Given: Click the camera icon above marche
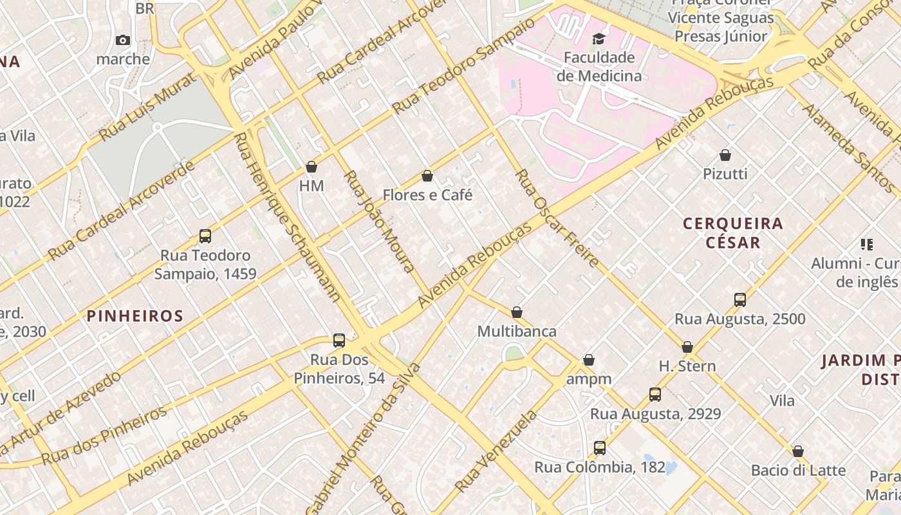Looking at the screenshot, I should pos(122,41).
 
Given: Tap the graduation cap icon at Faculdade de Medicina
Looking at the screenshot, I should pos(599,39).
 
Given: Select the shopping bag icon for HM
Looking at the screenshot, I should pos(311,167).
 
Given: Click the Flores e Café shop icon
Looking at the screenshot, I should pos(427,176).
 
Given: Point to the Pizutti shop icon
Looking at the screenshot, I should pos(725,155).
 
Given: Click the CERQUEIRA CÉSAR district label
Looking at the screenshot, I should pos(733,233).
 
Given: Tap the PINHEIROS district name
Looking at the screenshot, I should pos(135,316).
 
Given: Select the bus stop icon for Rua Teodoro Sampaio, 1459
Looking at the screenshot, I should pos(205,236).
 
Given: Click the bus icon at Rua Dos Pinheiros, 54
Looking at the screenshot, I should pos(339,341).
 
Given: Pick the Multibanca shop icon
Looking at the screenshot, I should pos(517,313).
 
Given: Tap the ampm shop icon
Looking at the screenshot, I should pos(589,360).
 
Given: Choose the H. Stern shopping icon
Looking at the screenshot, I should pos(687,348).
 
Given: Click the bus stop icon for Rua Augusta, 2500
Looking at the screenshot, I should pos(740,300).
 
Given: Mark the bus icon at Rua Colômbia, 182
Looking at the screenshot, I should pos(600,448).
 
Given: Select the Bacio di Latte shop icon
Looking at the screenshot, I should pos(798,451).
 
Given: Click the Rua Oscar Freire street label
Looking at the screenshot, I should pos(557,218).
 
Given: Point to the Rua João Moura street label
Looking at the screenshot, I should pos(380,221).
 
